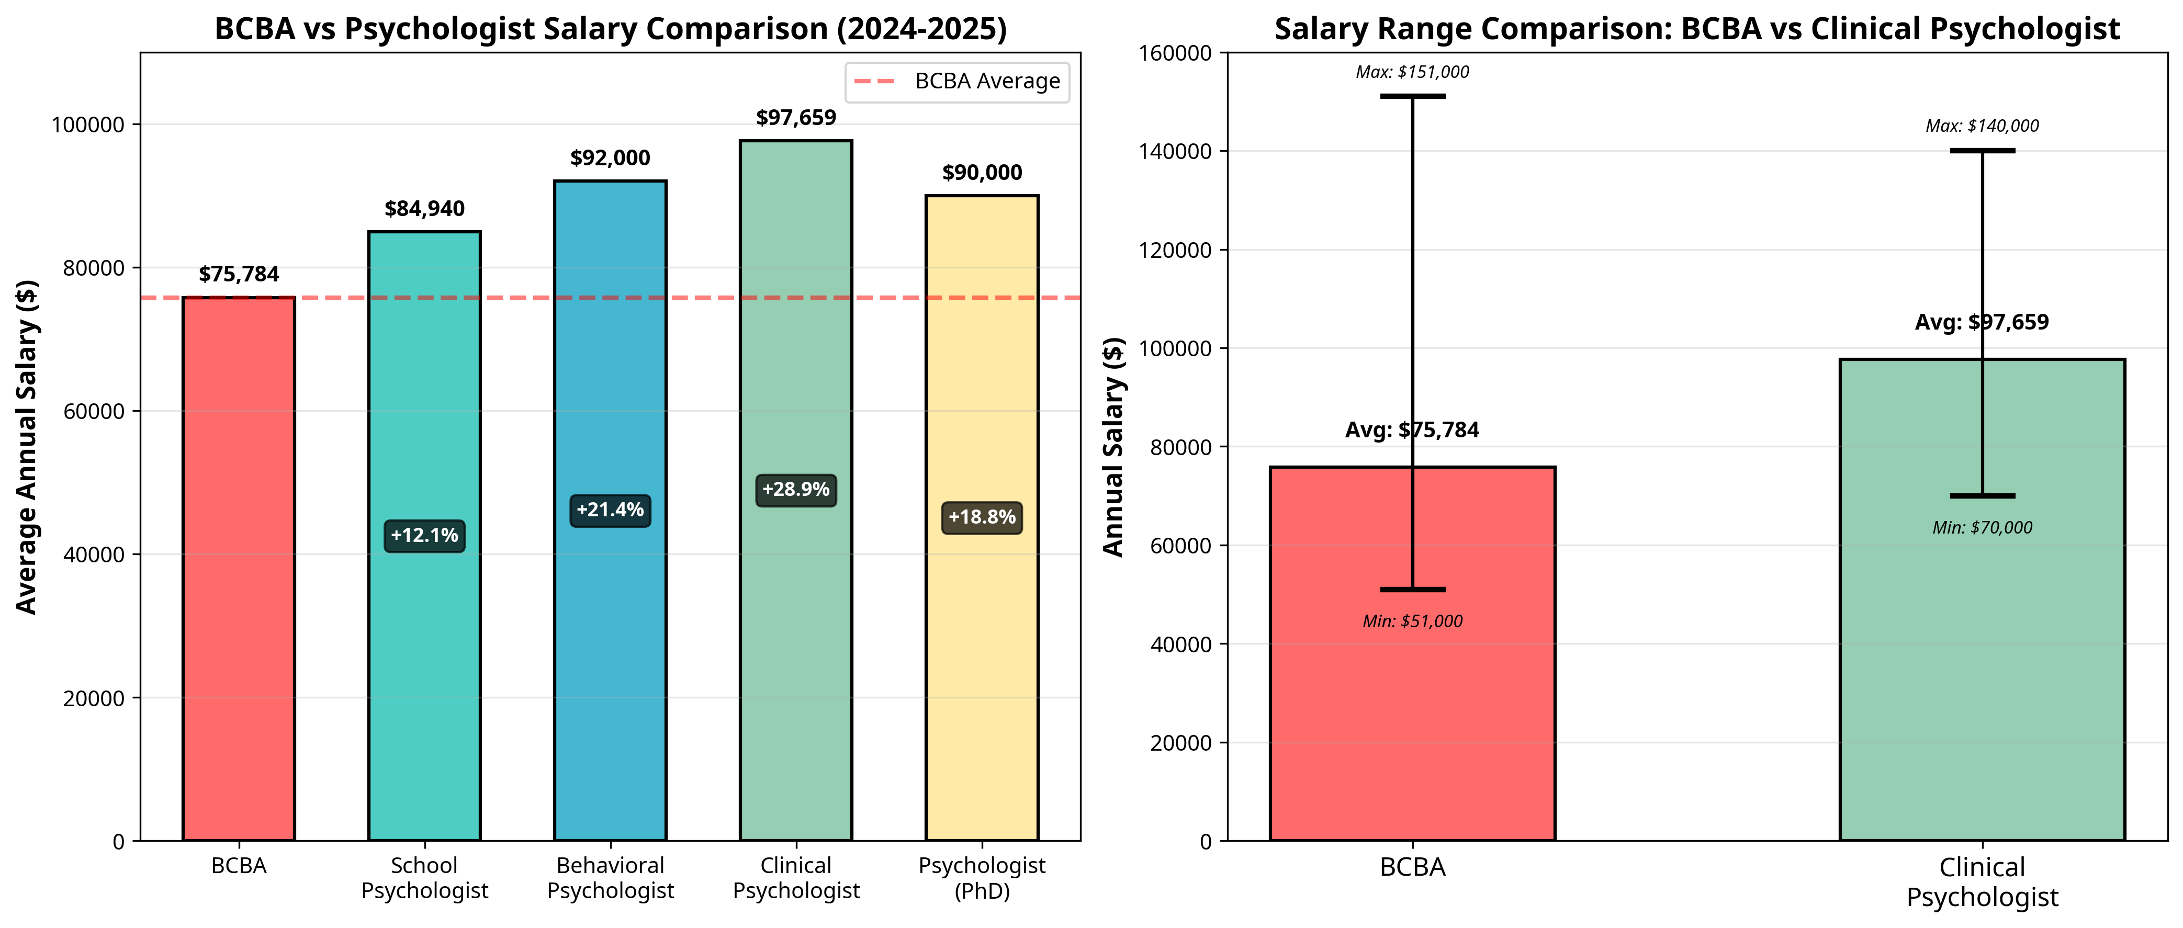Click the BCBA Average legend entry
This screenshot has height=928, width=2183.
click(958, 82)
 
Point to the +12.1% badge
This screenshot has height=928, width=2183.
click(424, 536)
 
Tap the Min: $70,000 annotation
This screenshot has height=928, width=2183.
click(1982, 527)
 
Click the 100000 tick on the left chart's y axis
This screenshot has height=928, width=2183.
click(87, 125)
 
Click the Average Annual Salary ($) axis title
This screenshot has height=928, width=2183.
click(27, 447)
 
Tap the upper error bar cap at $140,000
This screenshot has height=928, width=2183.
click(1982, 151)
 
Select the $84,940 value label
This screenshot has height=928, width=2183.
click(424, 209)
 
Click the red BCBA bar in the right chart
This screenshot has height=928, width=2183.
click(1339, 678)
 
